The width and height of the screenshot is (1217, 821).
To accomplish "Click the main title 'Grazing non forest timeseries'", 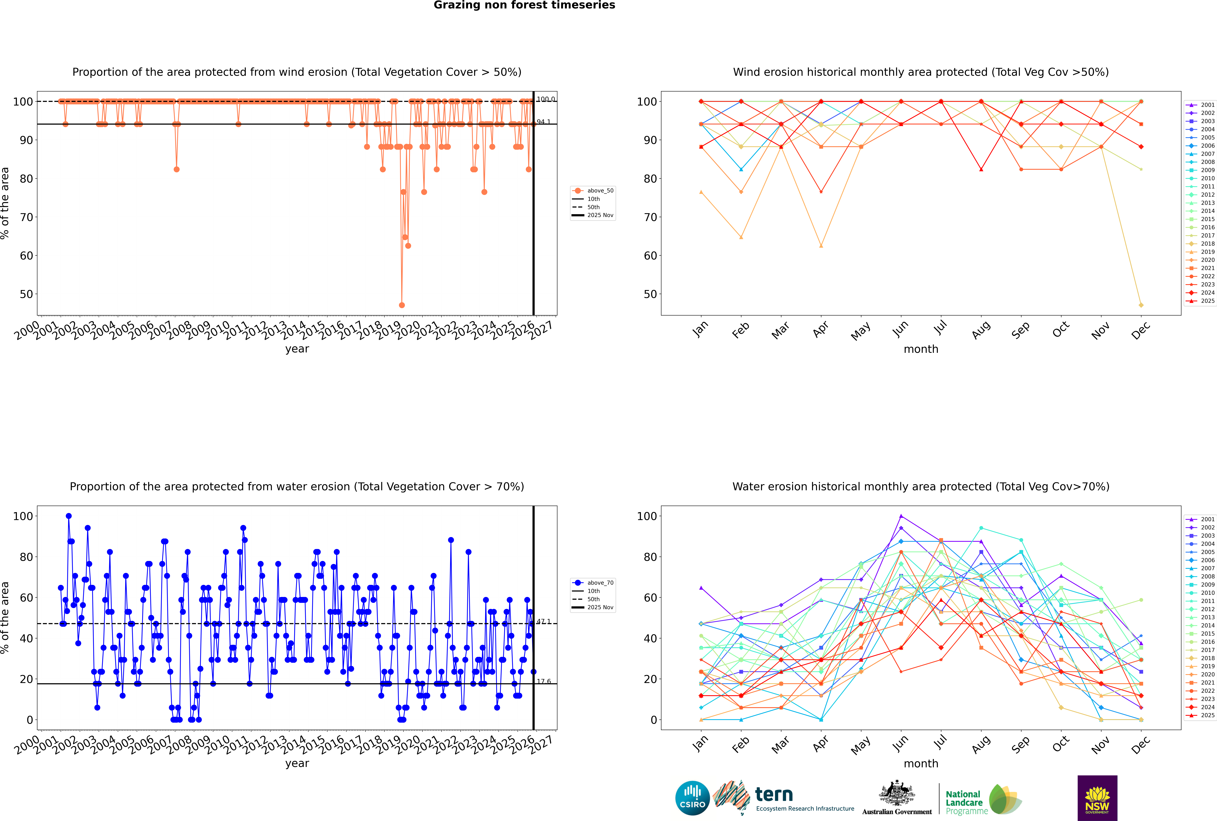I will (524, 5).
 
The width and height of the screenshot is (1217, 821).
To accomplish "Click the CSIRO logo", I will (692, 798).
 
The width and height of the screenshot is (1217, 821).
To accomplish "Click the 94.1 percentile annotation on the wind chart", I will (544, 122).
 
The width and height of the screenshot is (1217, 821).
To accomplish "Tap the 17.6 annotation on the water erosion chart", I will (544, 681).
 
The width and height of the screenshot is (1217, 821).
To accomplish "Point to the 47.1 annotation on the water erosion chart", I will (544, 622).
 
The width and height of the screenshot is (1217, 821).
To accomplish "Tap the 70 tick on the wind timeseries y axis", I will (26, 217).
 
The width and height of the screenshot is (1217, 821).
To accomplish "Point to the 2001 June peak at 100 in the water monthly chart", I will (901, 516).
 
